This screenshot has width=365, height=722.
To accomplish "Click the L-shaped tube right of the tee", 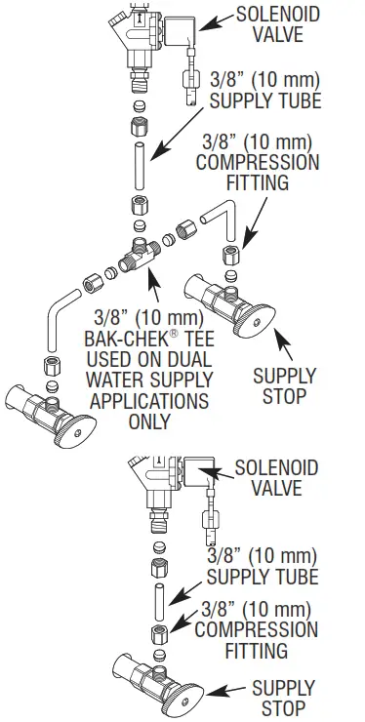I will point(219,220).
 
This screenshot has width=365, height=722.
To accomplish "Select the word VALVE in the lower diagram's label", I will point(276,489).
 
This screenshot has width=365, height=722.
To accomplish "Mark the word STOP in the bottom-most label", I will point(283,708).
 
